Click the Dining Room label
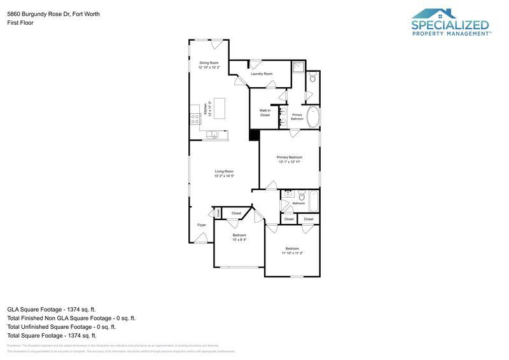pyautogui.click(x=209, y=63)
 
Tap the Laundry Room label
pyautogui.click(x=261, y=74)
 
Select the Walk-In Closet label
pyautogui.click(x=265, y=113)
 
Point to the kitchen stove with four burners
pyautogui.click(x=195, y=119)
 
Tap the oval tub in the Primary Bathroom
pyautogui.click(x=314, y=117)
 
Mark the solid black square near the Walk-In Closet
pyautogui.click(x=254, y=135)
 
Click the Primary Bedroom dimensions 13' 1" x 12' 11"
pyautogui.click(x=289, y=162)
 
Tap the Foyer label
pyautogui.click(x=201, y=225)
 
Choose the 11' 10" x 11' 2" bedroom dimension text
pyautogui.click(x=292, y=253)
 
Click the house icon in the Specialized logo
pyautogui.click(x=435, y=13)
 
